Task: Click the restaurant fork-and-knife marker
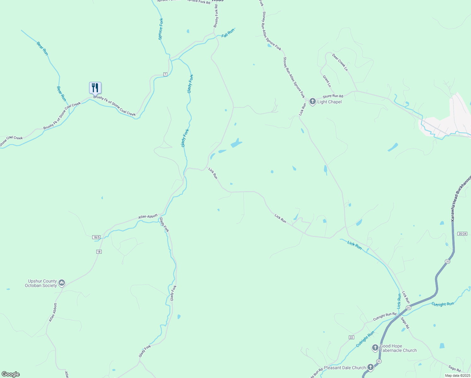point(95,88)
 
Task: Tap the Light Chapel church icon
point(312,101)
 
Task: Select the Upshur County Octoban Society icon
point(62,283)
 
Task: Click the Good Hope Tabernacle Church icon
point(375,348)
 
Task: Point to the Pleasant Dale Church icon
point(371,367)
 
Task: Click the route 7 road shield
point(165,74)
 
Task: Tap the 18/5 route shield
point(96,237)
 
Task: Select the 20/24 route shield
point(462,234)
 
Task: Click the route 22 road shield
point(351,337)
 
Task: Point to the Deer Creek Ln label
point(340,62)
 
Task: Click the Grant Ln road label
point(327,81)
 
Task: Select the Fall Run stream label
point(228,33)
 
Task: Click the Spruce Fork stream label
point(161,29)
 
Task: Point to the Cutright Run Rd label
point(384,317)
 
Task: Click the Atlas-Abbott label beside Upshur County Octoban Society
point(53,312)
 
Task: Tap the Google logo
point(10,374)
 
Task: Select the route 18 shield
point(99,252)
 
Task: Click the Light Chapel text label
point(329,102)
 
